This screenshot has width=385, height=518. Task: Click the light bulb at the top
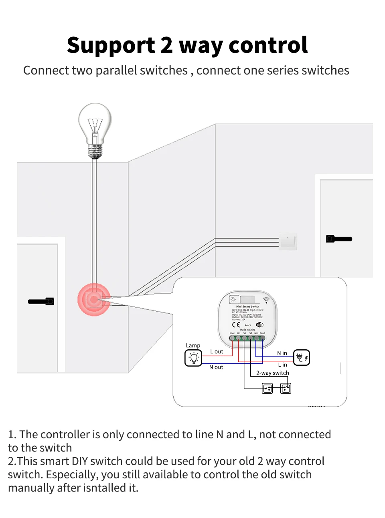(x=95, y=128)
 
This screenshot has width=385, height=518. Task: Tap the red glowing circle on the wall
(x=94, y=299)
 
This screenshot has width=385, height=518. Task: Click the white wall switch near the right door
(x=288, y=242)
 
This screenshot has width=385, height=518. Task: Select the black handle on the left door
(x=41, y=301)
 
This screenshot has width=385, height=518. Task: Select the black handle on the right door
(x=339, y=239)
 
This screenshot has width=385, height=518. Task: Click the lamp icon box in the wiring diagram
(x=193, y=358)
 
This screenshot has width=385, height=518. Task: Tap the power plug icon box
(x=301, y=357)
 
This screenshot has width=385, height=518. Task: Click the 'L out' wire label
(x=217, y=352)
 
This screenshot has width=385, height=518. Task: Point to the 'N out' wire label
(x=216, y=367)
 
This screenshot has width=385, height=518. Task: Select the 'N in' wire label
(x=282, y=353)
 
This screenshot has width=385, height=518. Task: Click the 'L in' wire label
(x=282, y=365)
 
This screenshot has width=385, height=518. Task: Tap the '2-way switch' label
(x=273, y=373)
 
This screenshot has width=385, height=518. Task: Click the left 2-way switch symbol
(x=267, y=388)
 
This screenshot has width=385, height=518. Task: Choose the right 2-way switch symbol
(x=286, y=388)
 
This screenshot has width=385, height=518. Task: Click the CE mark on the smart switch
(x=236, y=325)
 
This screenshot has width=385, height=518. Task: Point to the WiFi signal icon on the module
(x=266, y=300)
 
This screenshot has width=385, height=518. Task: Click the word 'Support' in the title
(x=111, y=45)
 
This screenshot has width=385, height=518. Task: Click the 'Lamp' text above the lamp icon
(x=193, y=345)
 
